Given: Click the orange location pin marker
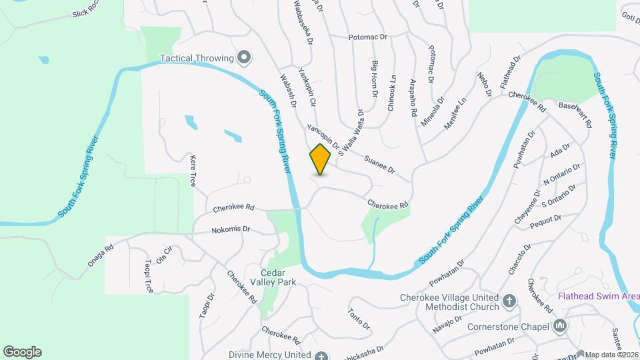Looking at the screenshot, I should pyautogui.click(x=321, y=159).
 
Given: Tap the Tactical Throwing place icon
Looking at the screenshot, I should pyautogui.click(x=244, y=57).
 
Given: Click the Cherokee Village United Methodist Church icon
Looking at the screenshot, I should pyautogui.click(x=510, y=301).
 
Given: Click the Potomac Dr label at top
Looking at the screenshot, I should pyautogui.click(x=367, y=37).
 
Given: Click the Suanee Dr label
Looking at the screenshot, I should pyautogui.click(x=380, y=164).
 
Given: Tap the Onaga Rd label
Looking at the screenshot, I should pyautogui.click(x=101, y=255).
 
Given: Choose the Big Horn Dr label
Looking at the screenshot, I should pyautogui.click(x=375, y=79).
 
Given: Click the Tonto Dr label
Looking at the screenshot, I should pyautogui.click(x=359, y=319).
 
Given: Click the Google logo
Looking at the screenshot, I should pyautogui.click(x=22, y=352).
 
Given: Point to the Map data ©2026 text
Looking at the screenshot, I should pyautogui.click(x=611, y=355).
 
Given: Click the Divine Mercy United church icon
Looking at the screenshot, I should pyautogui.click(x=321, y=355).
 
